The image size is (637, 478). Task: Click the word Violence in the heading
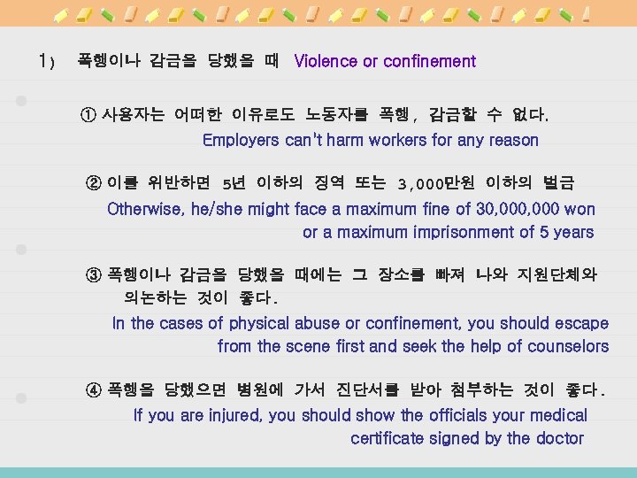[326, 61]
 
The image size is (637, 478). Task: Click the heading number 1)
[47, 62]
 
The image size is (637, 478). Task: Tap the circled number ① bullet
[89, 115]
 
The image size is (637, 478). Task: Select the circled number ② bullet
[94, 183]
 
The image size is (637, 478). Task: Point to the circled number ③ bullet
[95, 274]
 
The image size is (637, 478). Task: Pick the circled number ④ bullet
[95, 389]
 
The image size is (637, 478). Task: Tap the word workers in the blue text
[398, 140]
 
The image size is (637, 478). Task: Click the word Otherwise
[146, 209]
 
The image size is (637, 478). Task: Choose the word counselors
[567, 346]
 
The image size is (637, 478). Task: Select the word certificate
[390, 438]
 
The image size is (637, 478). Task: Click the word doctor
[559, 438]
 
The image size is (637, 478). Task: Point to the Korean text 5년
[234, 183]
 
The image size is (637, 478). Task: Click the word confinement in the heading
[428, 61]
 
